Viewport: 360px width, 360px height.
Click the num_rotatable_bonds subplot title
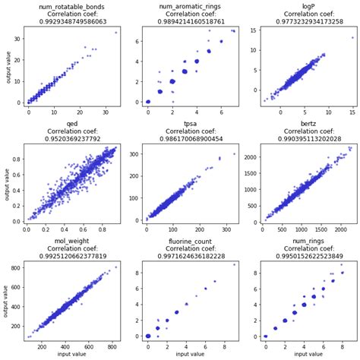point(68,6)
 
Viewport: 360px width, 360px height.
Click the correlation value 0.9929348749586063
point(68,21)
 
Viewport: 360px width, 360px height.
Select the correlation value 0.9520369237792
point(68,139)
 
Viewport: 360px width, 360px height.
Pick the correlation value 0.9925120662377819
point(68,257)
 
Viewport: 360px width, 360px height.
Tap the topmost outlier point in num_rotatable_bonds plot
point(116,33)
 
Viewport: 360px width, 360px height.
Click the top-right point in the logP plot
point(352,37)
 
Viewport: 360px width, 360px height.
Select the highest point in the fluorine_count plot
point(234,264)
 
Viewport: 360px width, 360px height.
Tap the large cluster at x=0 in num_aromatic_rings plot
point(148,102)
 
